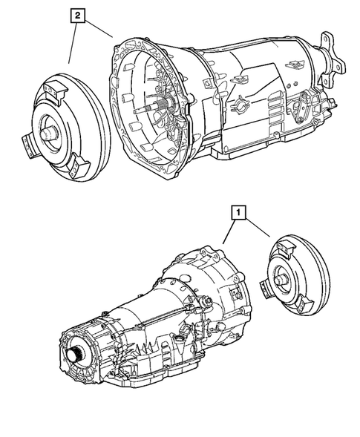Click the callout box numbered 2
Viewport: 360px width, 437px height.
pos(77,13)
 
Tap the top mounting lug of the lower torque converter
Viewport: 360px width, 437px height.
pos(284,246)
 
